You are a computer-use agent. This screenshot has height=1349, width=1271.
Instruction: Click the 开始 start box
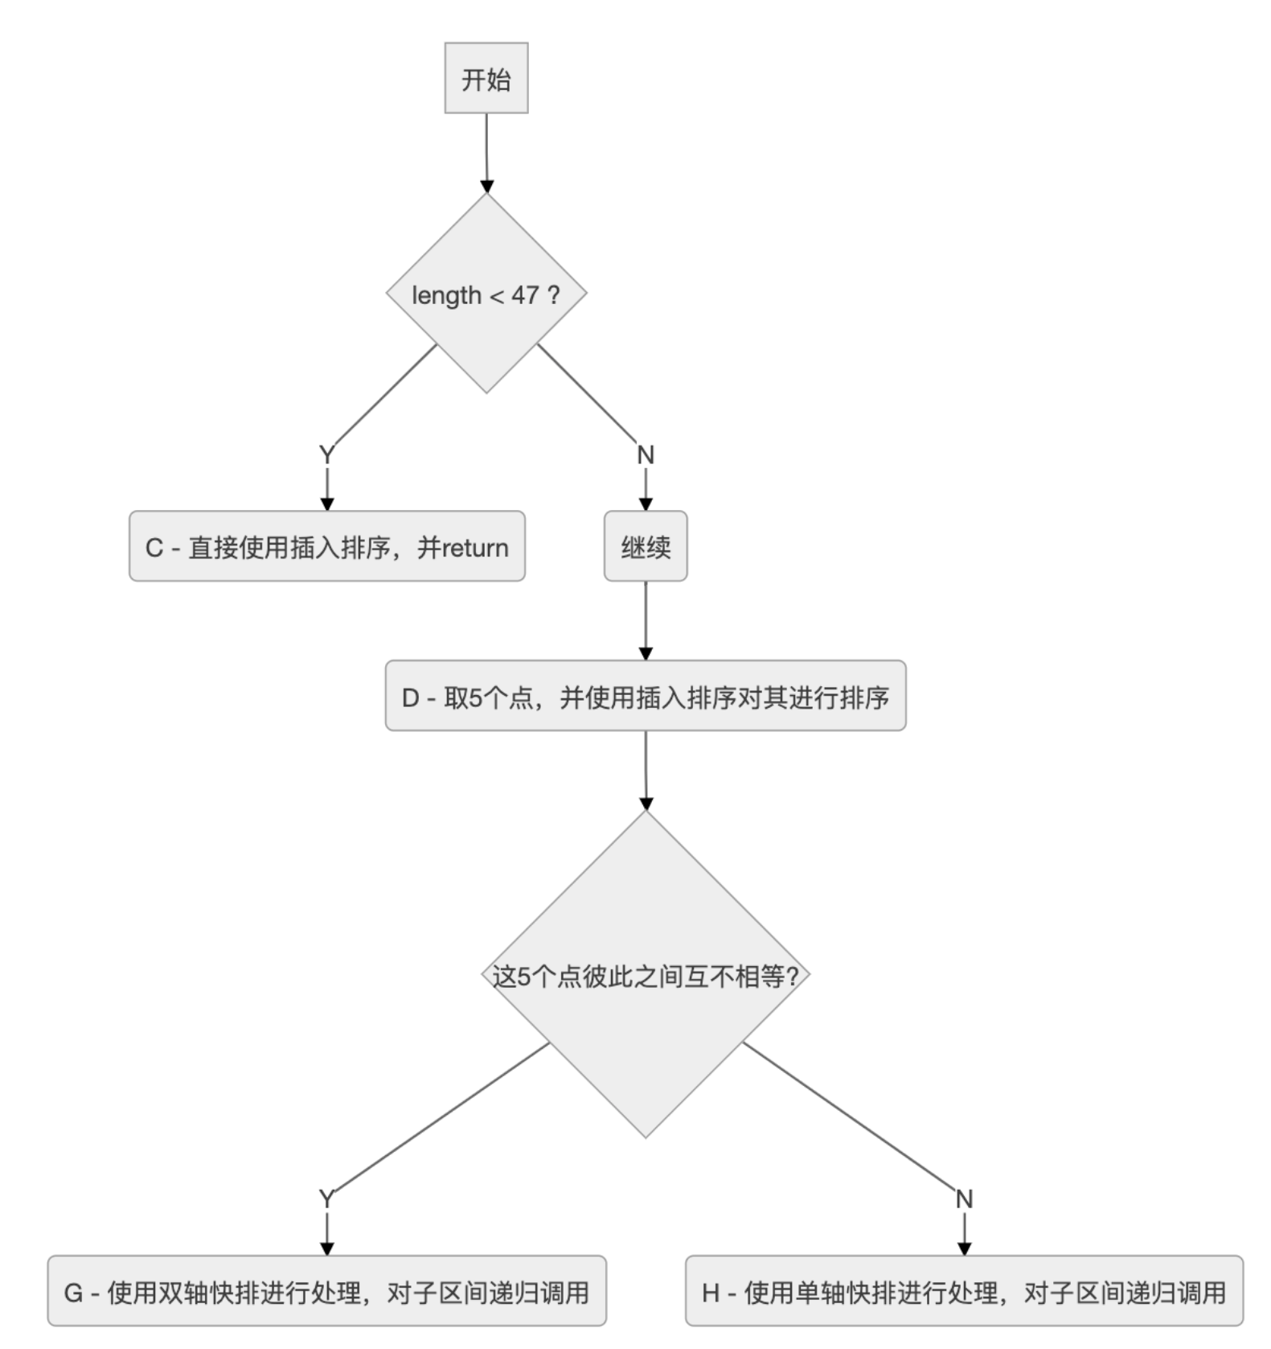coord(486,78)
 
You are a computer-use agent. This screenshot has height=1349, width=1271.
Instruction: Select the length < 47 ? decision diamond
coord(486,294)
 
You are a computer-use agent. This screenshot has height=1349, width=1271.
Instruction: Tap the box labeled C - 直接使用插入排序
coord(327,546)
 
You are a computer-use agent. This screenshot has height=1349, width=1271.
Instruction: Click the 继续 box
coord(646,546)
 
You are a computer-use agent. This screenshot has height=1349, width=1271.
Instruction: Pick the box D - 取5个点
coord(646,696)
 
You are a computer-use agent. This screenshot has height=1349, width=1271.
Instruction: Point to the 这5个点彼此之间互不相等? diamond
coord(646,974)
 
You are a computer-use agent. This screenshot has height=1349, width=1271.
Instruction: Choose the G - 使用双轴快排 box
coord(326,1291)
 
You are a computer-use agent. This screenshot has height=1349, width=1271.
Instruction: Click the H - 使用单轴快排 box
coord(964,1291)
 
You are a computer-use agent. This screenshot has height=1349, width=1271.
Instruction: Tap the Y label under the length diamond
coord(326,455)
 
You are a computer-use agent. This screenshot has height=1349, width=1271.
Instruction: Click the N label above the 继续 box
coord(646,455)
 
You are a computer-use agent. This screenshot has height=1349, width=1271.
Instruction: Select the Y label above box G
coord(326,1199)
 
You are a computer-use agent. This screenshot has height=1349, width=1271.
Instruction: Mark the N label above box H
coord(964,1199)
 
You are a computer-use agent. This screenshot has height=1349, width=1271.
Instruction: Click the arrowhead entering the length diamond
coord(486,187)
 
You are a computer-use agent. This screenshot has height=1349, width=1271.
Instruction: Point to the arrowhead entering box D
coord(646,654)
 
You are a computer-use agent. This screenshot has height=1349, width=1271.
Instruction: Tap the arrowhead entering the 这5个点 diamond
coord(646,804)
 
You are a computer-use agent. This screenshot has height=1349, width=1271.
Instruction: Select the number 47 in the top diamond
coord(525,295)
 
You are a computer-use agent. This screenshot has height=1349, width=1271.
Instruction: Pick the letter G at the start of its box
coord(73,1293)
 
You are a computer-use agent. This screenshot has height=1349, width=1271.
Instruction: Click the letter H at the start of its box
coord(711,1293)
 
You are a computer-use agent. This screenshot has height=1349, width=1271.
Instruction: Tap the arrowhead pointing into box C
coord(326,504)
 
